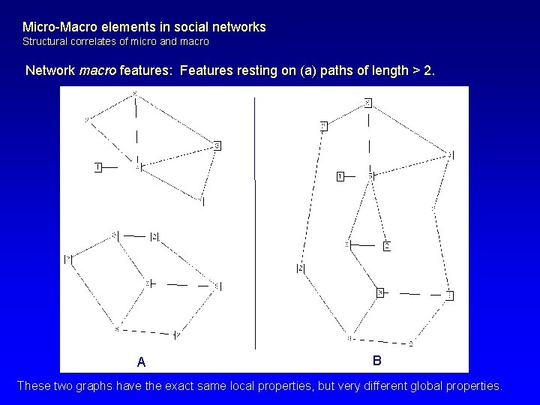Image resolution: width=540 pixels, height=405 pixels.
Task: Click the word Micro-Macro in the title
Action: (57, 27)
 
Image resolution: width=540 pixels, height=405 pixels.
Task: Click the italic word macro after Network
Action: (95, 71)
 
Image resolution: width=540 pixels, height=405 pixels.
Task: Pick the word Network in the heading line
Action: (50, 71)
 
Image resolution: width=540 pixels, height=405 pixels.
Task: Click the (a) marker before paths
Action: (308, 71)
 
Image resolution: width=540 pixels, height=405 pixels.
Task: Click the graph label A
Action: (141, 362)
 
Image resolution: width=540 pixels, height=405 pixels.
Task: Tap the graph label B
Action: (377, 361)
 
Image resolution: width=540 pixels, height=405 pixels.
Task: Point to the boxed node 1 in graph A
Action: (98, 167)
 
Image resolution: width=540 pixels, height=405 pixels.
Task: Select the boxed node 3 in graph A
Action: (217, 145)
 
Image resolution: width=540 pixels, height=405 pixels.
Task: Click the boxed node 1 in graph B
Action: (340, 177)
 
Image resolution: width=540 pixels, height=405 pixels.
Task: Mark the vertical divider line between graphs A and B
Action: (255, 225)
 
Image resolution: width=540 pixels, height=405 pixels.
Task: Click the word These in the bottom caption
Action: (34, 386)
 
